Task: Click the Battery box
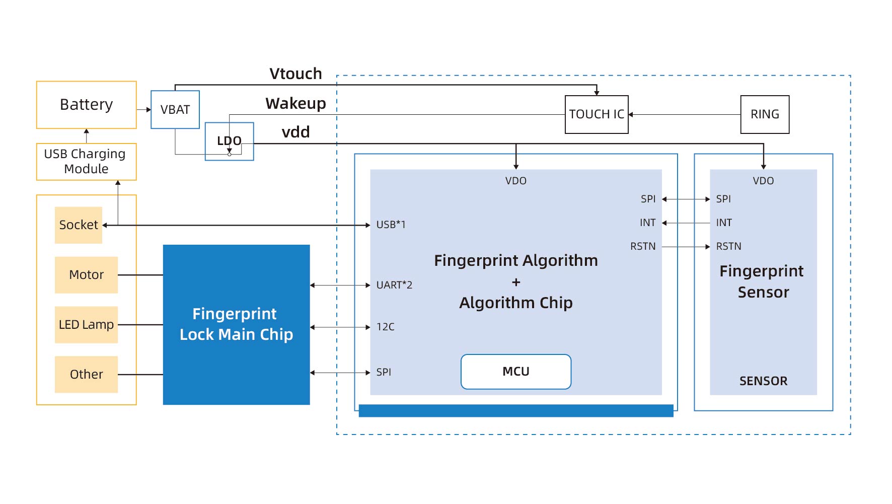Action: [86, 105]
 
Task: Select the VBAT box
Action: [175, 110]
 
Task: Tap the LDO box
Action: [229, 141]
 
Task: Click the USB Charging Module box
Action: [86, 162]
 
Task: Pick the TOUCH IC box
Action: [597, 115]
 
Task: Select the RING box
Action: [765, 115]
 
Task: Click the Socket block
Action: [79, 225]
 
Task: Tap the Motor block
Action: [86, 275]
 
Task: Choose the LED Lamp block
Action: [86, 325]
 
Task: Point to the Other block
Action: [86, 375]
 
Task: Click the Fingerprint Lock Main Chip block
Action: [236, 324]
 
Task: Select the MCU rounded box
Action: [516, 372]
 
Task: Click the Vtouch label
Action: [295, 74]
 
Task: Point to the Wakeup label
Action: [295, 104]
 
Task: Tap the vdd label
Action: [295, 132]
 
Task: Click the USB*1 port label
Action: [391, 225]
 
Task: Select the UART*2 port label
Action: [394, 285]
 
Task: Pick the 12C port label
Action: [386, 327]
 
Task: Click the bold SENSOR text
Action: [763, 381]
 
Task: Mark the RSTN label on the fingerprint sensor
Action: [728, 247]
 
